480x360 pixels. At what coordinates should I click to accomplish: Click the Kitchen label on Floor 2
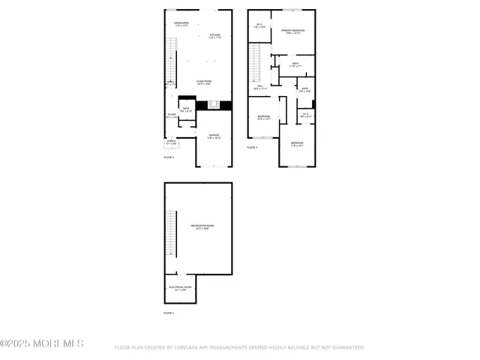point(214,36)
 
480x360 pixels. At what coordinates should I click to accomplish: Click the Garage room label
point(214,136)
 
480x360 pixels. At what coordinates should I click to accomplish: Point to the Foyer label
point(172,115)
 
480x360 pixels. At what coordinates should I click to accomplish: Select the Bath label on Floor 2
point(185,110)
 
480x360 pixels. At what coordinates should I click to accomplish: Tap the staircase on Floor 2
point(170,60)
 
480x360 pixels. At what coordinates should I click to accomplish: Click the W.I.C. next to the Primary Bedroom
point(259,27)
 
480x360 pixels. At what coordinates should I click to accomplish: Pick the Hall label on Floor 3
point(260,88)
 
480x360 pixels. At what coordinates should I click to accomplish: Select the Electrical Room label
point(180,287)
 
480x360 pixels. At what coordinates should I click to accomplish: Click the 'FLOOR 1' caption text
point(169,313)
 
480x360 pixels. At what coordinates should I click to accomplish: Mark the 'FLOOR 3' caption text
point(252,148)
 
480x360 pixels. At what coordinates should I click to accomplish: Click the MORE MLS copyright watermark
point(42,343)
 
